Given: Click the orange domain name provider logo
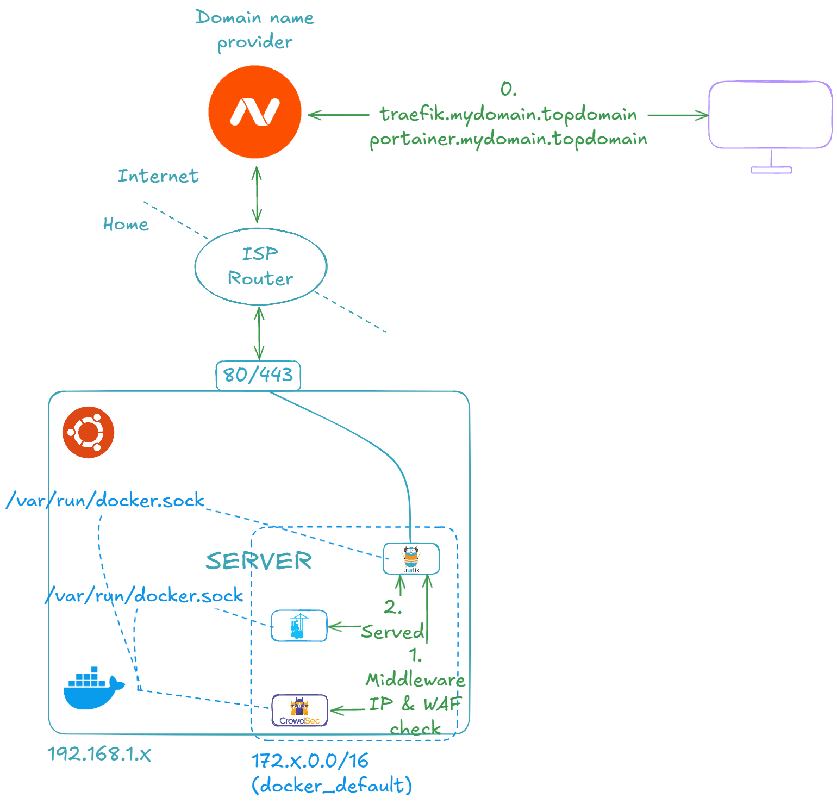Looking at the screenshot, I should coord(255,112).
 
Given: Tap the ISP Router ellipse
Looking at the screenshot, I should coord(261,266).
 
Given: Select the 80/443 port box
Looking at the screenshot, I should coord(258,375).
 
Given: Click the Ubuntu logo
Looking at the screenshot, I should coord(89,432).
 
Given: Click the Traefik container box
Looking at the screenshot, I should coord(411,558).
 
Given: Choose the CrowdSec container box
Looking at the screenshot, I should coord(299,710).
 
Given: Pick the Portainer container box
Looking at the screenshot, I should coord(299,626).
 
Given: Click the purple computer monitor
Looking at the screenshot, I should coord(771,115).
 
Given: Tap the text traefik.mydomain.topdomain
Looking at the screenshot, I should coord(508,114).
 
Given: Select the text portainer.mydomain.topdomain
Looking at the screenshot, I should coord(508,139).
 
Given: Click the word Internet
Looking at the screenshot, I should coord(158,176).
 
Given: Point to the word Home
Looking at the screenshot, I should coord(126,224).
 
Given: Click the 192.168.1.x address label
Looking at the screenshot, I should coord(99,753).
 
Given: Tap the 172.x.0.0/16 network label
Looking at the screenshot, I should coord(310,761).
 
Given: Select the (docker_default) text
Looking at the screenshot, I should coord(332,786).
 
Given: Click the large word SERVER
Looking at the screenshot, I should coord(259,560).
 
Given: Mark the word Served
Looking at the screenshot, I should coord(392,632).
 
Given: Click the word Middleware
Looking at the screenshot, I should coord(415,680).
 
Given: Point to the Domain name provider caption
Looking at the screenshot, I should coord(255,29).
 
